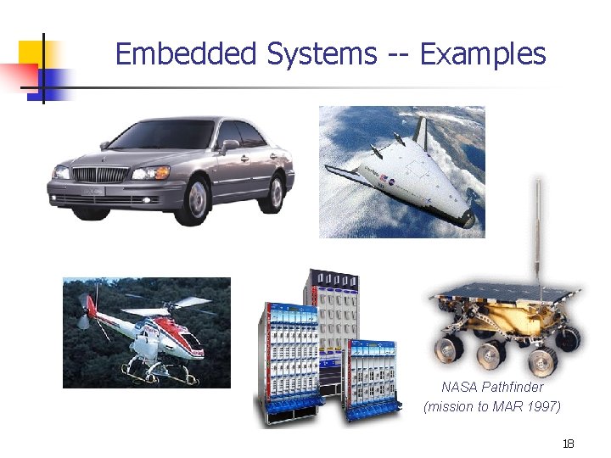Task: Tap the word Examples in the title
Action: tap(483, 54)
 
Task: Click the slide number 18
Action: tap(569, 444)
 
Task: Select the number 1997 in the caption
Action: tap(541, 406)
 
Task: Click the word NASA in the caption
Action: tap(459, 387)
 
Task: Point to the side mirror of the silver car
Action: tap(229, 145)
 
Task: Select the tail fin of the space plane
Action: tap(419, 131)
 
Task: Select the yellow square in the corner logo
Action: tap(31, 53)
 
